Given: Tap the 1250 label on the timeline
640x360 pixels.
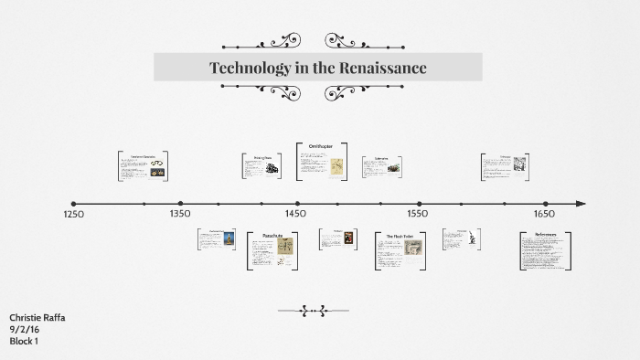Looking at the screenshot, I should [x=73, y=215].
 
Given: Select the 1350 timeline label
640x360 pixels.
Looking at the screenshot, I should [x=180, y=214].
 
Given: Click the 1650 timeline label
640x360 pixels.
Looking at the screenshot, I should [x=544, y=214].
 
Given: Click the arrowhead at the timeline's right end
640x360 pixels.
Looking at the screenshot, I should [x=581, y=204].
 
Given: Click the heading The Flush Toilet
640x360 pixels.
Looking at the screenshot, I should [x=400, y=236].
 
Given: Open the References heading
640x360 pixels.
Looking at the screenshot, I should [x=545, y=236].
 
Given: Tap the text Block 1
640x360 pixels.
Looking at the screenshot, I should [x=24, y=341].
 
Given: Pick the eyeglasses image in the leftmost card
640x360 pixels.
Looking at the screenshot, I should [x=156, y=165].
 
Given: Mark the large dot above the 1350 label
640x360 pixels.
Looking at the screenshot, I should [x=180, y=204].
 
